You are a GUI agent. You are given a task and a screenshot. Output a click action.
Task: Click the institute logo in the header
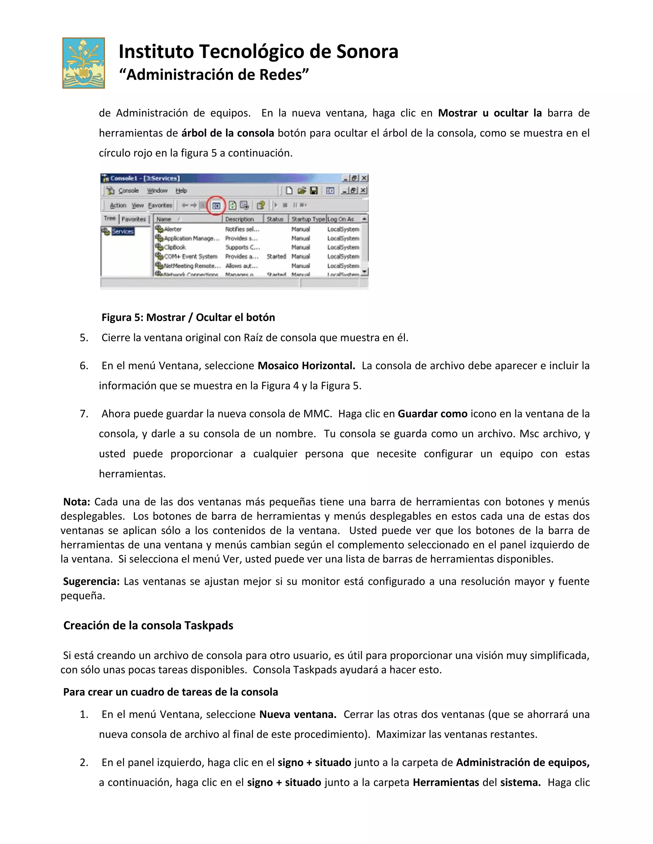pos(84,63)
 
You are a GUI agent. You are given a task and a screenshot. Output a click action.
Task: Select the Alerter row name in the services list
pos(172,229)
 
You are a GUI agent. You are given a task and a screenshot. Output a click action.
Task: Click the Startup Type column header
pos(308,219)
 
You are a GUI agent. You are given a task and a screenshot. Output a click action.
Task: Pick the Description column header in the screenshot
pos(239,219)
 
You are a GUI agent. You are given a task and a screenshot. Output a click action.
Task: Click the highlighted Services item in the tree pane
pos(123,231)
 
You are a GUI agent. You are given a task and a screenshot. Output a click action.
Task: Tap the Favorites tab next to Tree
pos(134,219)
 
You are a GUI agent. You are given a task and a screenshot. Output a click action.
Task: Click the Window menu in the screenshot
pos(157,190)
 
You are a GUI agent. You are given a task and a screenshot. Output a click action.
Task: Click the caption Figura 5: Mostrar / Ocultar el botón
pos(188,317)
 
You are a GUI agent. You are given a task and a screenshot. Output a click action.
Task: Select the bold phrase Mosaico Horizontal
pos(306,366)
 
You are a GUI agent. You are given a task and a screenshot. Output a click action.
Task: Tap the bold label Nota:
pos(77,502)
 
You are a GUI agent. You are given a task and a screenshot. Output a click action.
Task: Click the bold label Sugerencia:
pos(91,581)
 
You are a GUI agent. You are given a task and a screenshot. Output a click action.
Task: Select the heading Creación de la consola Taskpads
pos(148,625)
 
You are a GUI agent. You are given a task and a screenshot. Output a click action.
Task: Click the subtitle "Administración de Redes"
pos(214,75)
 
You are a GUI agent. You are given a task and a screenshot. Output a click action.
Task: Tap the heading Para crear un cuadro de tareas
pos(170,692)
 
